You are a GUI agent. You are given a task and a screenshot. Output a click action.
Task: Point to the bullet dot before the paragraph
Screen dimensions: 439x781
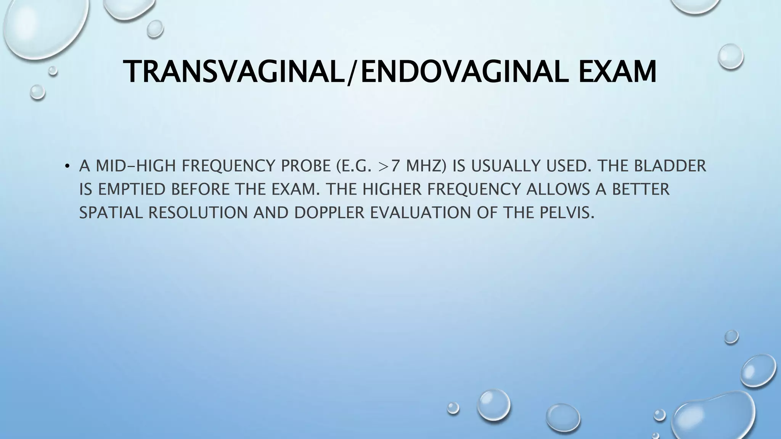pyautogui.click(x=67, y=166)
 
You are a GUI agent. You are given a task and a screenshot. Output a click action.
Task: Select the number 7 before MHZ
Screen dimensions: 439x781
pyautogui.click(x=394, y=166)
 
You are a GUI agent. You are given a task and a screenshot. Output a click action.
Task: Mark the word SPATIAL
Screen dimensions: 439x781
pyautogui.click(x=111, y=213)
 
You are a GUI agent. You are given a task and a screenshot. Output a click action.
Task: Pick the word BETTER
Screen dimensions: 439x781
pyautogui.click(x=641, y=189)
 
